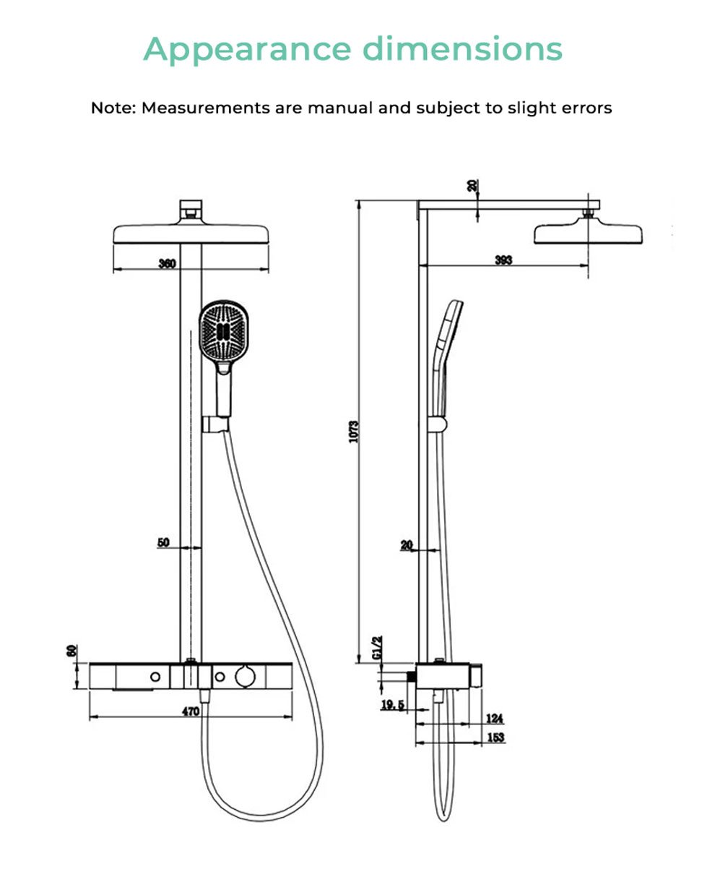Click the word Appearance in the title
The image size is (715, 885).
point(247,49)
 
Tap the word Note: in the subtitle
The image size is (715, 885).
point(113,108)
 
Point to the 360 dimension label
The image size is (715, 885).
point(168,263)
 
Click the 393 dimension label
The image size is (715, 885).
point(503,260)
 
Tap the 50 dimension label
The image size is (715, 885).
point(163,542)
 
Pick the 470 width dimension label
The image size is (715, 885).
point(190,711)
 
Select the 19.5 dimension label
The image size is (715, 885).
point(393,705)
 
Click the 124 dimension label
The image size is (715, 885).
point(494,718)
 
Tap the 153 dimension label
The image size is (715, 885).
point(495,737)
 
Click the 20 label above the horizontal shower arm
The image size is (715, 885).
point(472,185)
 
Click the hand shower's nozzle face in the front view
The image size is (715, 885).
point(225,332)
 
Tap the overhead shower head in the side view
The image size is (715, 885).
point(588,233)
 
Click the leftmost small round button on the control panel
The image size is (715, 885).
point(155,677)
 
